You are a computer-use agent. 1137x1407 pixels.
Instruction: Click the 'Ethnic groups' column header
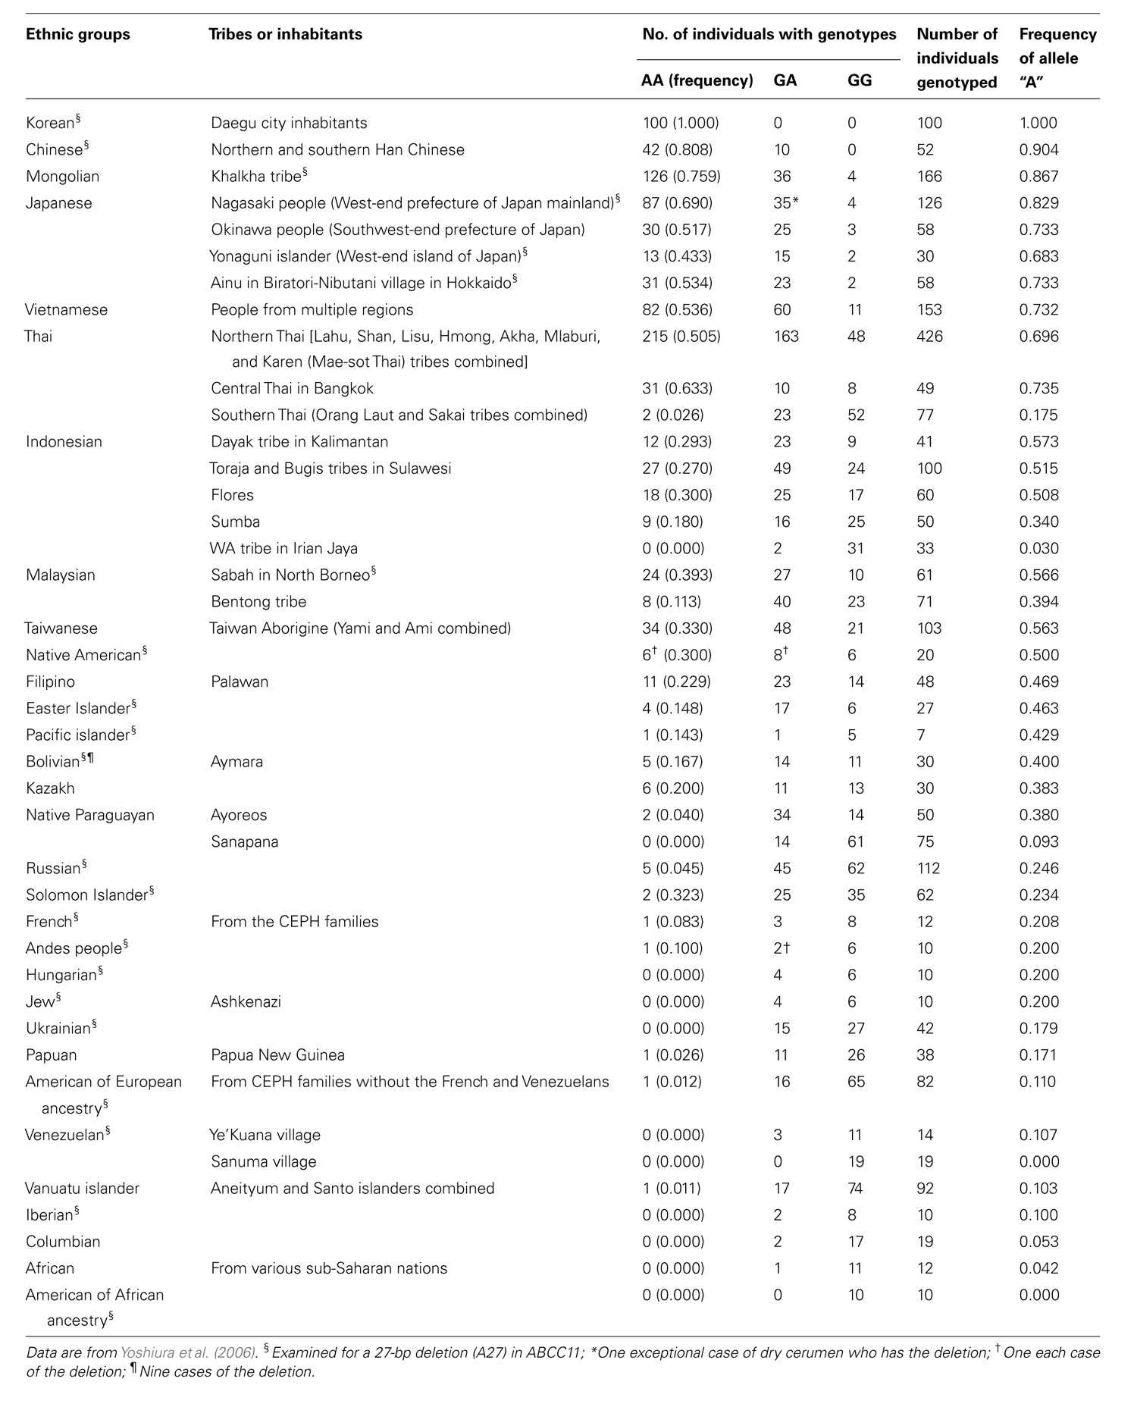(x=77, y=34)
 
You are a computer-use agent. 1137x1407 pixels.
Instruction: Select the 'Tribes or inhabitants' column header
(x=285, y=34)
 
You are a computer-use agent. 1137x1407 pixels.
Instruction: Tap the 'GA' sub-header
(x=785, y=80)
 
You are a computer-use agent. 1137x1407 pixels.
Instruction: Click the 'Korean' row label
(x=50, y=123)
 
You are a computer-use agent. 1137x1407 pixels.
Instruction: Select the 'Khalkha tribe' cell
(x=256, y=177)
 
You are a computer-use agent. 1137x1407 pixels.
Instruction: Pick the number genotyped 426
(x=929, y=336)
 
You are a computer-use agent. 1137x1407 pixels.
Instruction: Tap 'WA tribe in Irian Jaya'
(x=283, y=548)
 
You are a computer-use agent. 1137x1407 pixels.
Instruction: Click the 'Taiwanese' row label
(x=61, y=628)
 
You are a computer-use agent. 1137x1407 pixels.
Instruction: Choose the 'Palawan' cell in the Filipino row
(x=240, y=682)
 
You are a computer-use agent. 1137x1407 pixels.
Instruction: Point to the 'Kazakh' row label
(x=50, y=788)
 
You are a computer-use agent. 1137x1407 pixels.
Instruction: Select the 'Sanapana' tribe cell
(x=244, y=841)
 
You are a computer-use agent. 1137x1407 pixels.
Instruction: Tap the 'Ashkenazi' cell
(x=246, y=1001)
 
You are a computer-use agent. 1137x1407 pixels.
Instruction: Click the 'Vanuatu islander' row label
(x=83, y=1188)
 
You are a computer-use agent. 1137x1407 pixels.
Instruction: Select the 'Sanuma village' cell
(x=263, y=1161)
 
